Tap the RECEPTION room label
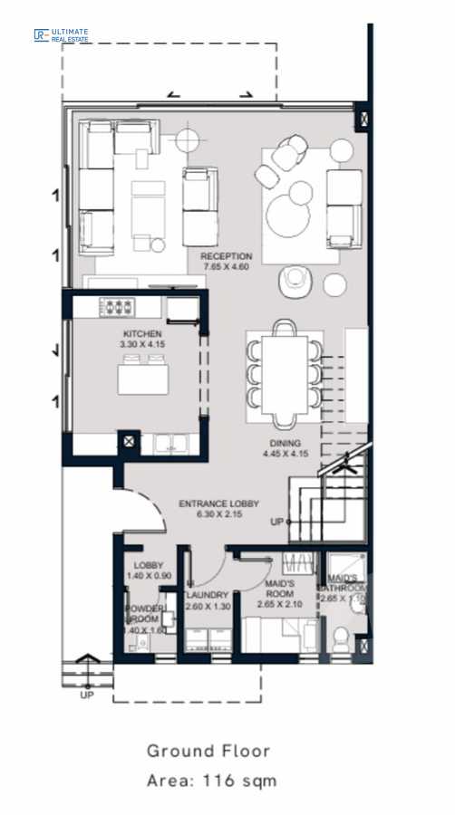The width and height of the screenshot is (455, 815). point(226,256)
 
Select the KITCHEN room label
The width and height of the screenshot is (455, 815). point(140,334)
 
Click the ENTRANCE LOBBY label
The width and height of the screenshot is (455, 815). point(218,503)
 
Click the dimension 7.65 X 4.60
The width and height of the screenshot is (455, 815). point(226,267)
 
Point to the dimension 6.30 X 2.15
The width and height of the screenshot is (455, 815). point(218,514)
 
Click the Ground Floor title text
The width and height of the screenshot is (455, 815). point(208,751)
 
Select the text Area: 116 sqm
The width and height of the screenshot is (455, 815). point(211,780)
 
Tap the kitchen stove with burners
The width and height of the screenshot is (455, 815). point(117,306)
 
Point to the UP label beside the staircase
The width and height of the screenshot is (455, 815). point(276,523)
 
